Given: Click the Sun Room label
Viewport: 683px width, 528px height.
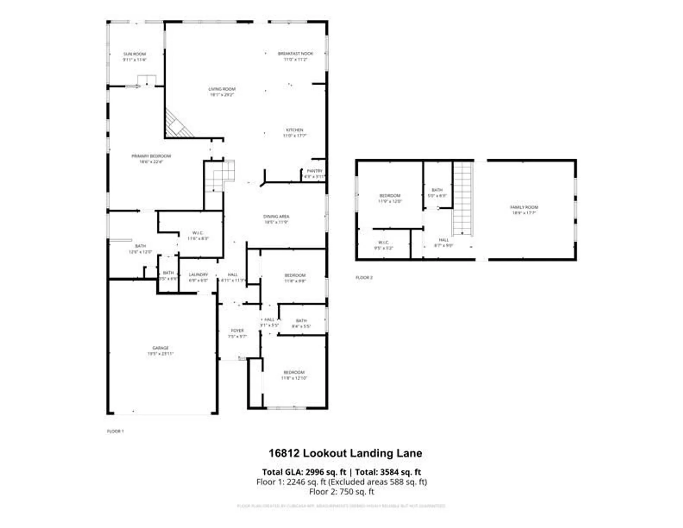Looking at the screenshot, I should [x=134, y=54].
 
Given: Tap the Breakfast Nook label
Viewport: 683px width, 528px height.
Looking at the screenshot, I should [x=295, y=54].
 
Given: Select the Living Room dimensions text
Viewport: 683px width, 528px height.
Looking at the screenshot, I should [x=222, y=95].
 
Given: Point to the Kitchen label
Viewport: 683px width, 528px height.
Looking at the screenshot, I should [x=295, y=130].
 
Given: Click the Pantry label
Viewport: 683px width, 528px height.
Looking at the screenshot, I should [x=314, y=171].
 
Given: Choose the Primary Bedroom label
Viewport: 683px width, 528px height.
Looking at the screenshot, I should [x=151, y=156].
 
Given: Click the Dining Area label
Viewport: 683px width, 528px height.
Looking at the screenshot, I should [x=276, y=216].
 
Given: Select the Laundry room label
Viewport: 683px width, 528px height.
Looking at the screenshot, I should [x=198, y=275].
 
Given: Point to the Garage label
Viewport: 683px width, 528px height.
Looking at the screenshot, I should [x=160, y=348].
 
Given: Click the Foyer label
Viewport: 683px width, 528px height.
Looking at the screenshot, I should [x=237, y=331].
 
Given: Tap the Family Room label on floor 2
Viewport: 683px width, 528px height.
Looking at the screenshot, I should [x=524, y=207].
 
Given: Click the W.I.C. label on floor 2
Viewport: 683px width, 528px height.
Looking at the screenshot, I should [x=383, y=243].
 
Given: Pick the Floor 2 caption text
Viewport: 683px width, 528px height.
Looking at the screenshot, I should [x=364, y=278].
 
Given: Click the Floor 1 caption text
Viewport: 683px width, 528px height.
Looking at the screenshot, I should [x=115, y=431].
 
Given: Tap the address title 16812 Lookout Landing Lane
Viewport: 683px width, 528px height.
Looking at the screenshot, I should [x=345, y=453].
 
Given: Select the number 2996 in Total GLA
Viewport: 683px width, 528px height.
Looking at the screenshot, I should [x=314, y=472].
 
